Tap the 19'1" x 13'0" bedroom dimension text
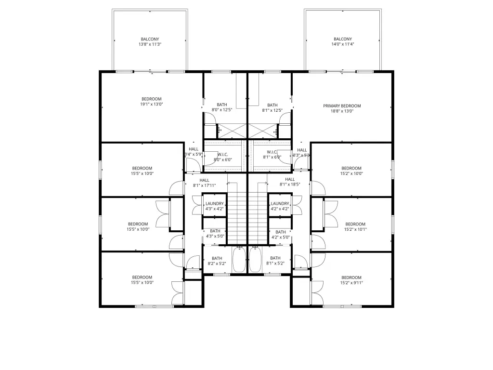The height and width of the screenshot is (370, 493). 152,104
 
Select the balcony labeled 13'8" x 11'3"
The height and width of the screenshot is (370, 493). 150,40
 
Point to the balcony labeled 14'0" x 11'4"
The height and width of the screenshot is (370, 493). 343,40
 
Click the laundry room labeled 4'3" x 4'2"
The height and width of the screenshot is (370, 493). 214,205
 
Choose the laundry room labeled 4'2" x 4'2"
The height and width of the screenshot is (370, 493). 280,205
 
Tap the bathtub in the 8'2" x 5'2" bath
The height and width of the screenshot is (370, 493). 239,260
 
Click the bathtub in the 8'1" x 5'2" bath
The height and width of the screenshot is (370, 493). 255,260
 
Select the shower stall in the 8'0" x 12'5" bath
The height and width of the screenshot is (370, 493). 232,131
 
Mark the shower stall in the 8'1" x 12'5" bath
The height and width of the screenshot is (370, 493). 263,131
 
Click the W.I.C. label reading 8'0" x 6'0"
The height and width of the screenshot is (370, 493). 222,157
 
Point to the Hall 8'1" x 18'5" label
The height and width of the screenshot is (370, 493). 290,182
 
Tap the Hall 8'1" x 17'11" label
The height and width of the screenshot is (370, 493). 204,183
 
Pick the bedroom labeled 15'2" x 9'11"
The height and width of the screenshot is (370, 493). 351,280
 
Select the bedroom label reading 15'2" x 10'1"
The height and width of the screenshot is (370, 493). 355,227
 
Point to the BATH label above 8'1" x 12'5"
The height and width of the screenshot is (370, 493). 272,105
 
